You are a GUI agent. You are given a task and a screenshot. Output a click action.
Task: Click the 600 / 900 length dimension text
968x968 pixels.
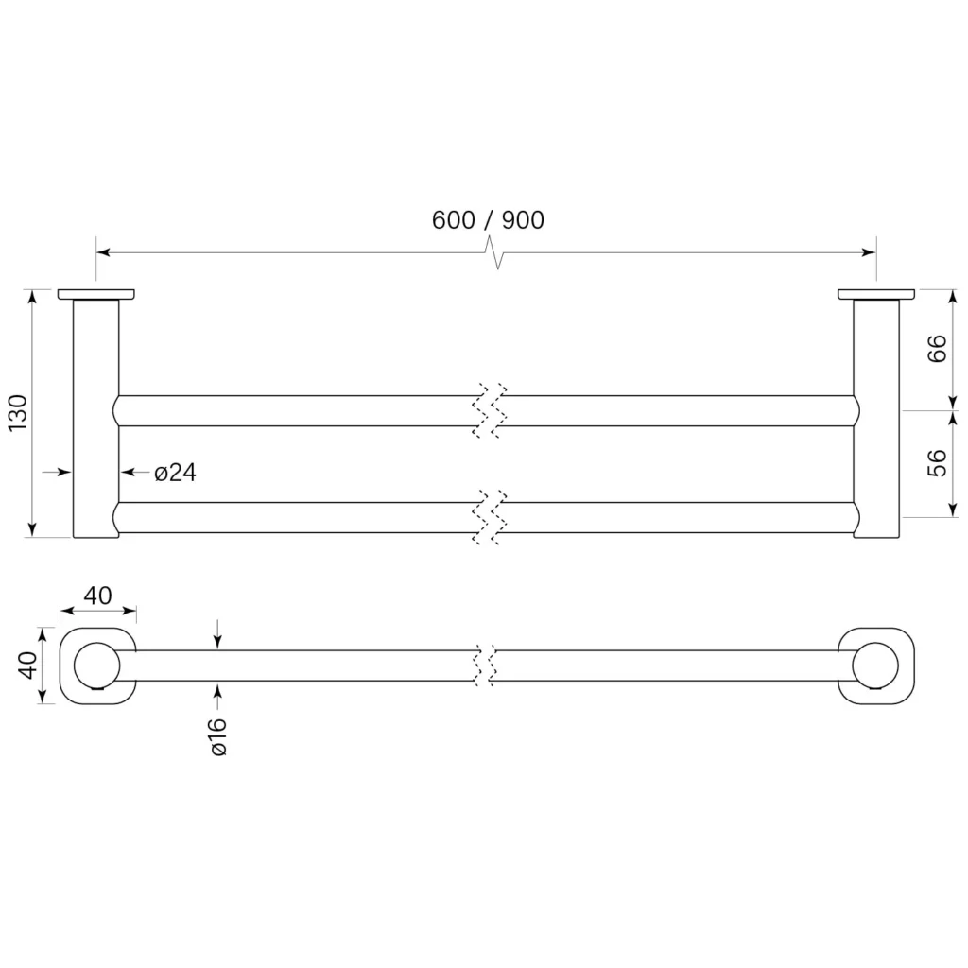pyautogui.click(x=488, y=219)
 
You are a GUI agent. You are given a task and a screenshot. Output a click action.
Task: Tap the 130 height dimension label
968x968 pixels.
pyautogui.click(x=19, y=412)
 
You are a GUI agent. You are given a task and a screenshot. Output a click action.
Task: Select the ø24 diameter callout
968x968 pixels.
pyautogui.click(x=175, y=473)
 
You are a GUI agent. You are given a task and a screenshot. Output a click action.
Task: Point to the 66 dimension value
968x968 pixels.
pyautogui.click(x=937, y=348)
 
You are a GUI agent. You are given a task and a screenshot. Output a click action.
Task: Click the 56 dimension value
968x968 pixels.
pyautogui.click(x=937, y=463)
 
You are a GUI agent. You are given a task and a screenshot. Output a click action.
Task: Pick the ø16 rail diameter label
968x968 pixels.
pyautogui.click(x=218, y=736)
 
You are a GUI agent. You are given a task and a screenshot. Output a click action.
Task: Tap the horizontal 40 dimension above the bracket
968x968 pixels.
pyautogui.click(x=97, y=596)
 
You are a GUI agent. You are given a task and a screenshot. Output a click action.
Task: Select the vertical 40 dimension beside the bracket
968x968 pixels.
pyautogui.click(x=28, y=665)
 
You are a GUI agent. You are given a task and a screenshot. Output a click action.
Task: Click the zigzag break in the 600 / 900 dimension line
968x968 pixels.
pyautogui.click(x=497, y=251)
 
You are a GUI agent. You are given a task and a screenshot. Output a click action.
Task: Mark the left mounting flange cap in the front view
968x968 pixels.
pyautogui.click(x=96, y=295)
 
